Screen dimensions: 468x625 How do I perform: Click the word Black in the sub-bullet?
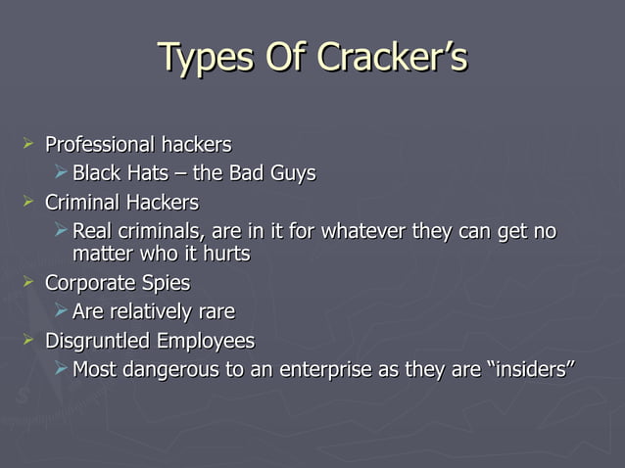pyautogui.click(x=96, y=174)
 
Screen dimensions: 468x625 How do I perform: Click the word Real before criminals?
pyautogui.click(x=91, y=232)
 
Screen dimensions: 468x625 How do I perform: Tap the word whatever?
pyautogui.click(x=361, y=232)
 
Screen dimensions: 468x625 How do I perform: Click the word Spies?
pyautogui.click(x=165, y=283)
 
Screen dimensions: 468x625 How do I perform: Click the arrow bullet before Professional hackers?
pyautogui.click(x=28, y=145)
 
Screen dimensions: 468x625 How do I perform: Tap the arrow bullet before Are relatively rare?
pyautogui.click(x=61, y=311)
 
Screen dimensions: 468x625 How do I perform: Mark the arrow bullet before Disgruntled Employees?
pyautogui.click(x=28, y=341)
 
